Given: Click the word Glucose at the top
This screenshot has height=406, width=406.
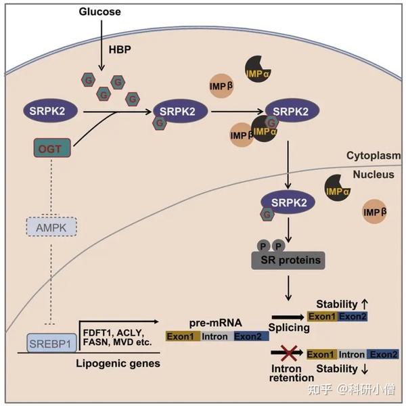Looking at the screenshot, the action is (x=99, y=12).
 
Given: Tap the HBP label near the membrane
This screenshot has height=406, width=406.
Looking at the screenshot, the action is (x=120, y=49).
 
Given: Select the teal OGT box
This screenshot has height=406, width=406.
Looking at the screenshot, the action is (x=52, y=148).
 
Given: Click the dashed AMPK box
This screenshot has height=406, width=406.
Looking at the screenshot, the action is (x=51, y=227).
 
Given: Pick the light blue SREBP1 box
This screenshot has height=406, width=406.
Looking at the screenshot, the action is (x=51, y=343).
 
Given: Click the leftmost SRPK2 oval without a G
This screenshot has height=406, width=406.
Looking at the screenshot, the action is (x=51, y=110).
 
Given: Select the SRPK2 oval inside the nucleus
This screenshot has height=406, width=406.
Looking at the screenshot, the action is (x=288, y=202).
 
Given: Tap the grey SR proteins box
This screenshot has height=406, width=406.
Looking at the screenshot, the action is (x=288, y=261).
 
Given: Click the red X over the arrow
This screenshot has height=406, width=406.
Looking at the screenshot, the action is (x=289, y=353).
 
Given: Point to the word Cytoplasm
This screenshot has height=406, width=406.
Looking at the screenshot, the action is (x=374, y=156).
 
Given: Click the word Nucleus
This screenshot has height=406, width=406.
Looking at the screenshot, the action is (x=374, y=175).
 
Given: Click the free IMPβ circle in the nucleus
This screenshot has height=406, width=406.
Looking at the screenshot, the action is (x=375, y=212).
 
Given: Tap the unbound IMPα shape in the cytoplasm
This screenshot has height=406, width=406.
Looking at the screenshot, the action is (x=258, y=69).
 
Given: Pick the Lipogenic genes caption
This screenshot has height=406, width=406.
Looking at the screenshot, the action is (x=118, y=363).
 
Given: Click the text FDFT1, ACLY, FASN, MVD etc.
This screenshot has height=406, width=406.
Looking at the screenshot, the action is (x=117, y=338).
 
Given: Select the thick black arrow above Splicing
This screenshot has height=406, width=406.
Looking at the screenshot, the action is (x=288, y=317).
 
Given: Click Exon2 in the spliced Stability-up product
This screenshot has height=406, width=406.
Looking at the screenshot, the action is (x=353, y=317).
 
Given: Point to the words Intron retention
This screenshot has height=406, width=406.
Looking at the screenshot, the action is (x=292, y=373).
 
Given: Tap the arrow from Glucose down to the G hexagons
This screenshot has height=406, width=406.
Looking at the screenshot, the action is (x=101, y=45).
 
